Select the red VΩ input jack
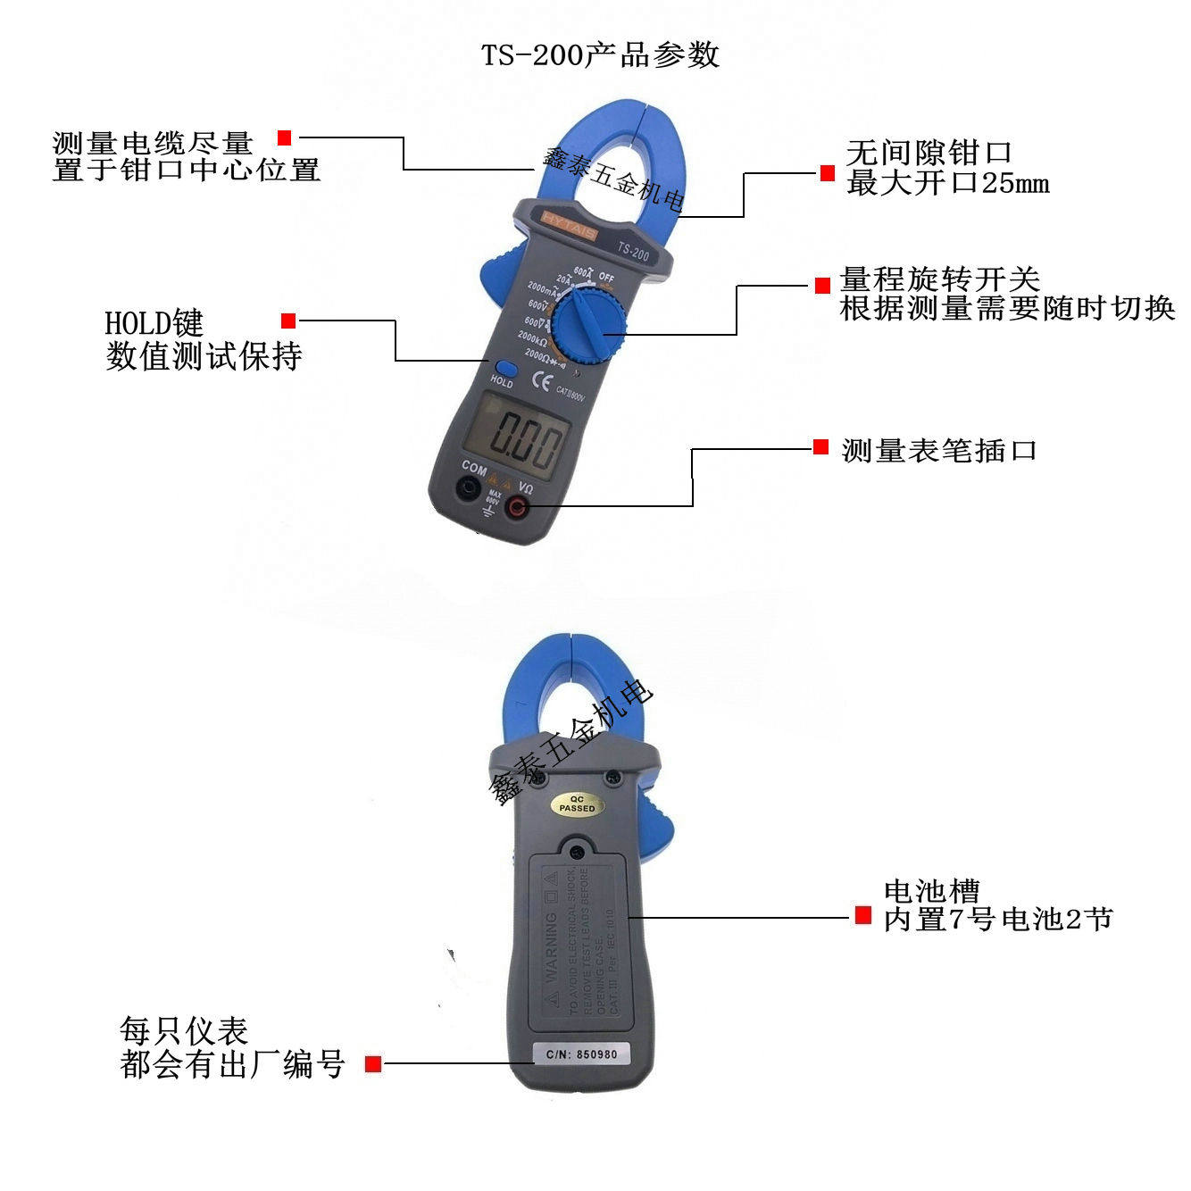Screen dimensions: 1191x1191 (x=517, y=508)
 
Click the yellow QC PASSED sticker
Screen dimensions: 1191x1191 (x=577, y=804)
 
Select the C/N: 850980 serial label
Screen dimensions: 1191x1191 (x=581, y=1054)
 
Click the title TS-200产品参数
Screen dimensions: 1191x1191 (x=600, y=55)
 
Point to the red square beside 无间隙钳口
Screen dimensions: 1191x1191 (x=828, y=173)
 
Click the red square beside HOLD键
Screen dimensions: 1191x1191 (x=288, y=321)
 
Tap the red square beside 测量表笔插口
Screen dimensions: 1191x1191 (x=820, y=447)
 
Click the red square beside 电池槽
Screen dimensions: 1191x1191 (x=862, y=915)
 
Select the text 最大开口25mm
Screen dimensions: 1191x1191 (x=947, y=184)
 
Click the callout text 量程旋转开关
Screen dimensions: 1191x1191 (x=939, y=279)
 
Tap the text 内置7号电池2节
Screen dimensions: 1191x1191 (x=998, y=919)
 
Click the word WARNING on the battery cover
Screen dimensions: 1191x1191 (x=552, y=946)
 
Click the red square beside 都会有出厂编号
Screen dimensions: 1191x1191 (x=373, y=1063)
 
